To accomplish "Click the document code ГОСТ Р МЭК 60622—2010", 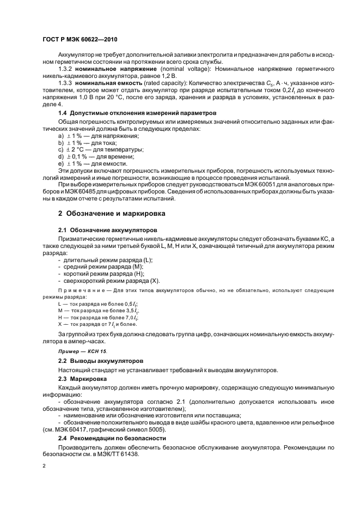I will (80, 40).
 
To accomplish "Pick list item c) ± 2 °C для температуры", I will (93, 149).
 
